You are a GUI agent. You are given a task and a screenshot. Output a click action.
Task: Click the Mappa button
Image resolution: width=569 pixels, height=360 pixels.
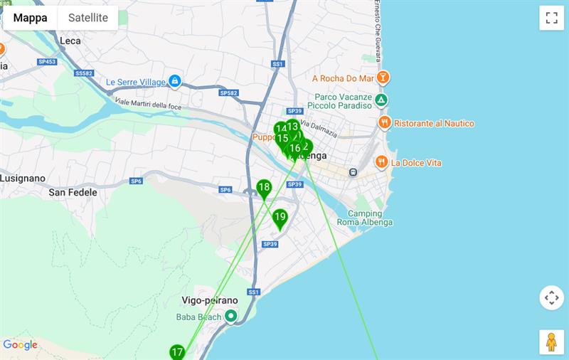(31, 18)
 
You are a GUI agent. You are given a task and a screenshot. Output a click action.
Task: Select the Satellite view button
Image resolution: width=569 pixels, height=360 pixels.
(88, 18)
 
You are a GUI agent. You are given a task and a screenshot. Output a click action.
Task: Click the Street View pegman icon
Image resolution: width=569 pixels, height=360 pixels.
(551, 342)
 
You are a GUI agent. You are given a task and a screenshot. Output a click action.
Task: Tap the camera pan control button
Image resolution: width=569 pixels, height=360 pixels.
(551, 297)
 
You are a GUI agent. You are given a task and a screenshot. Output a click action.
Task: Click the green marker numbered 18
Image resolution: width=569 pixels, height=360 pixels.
(264, 189)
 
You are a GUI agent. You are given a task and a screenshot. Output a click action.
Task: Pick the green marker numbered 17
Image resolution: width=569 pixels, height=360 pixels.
(177, 352)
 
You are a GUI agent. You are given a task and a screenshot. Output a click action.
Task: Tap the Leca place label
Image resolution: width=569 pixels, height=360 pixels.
(70, 41)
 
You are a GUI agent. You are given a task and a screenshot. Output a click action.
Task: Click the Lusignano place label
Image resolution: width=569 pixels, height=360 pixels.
(23, 178)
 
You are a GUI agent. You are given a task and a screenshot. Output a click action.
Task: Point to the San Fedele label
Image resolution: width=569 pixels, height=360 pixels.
(73, 192)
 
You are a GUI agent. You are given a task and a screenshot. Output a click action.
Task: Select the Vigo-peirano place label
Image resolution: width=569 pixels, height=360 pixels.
(210, 300)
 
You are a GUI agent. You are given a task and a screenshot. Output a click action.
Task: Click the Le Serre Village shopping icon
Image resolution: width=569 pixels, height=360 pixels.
(174, 82)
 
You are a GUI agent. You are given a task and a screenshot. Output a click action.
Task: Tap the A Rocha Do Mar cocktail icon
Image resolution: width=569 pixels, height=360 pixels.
(383, 78)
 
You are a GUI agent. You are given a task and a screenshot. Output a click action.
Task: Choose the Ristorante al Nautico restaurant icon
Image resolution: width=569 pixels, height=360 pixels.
(384, 123)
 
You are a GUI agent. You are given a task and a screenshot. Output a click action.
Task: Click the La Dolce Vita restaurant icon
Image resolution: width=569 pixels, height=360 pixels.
(381, 162)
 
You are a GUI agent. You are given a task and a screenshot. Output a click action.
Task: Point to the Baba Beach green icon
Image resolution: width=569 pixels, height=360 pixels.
(230, 317)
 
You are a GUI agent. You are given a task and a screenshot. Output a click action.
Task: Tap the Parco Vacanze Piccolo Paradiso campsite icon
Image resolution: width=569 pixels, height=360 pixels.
(381, 100)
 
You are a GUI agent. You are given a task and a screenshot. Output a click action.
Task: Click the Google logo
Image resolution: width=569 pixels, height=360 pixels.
(20, 345)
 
